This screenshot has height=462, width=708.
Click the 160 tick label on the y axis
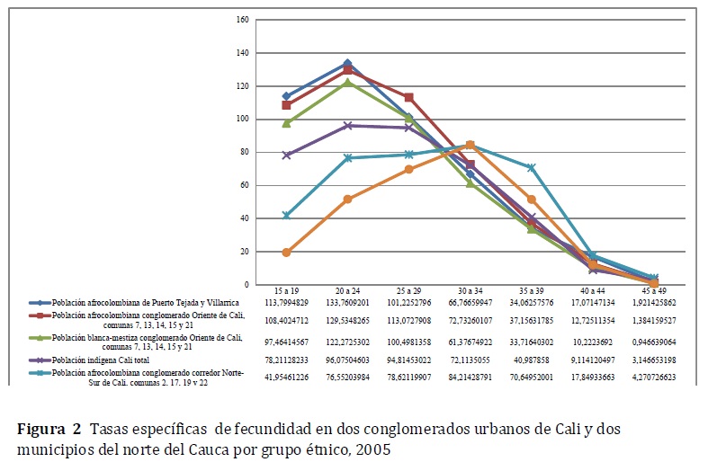click(242, 19)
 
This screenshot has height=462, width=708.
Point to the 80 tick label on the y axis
click(244, 152)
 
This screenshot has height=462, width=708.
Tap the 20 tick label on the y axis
click(244, 252)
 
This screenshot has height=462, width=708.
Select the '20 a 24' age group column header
click(347, 292)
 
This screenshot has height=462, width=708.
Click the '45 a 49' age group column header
click(654, 292)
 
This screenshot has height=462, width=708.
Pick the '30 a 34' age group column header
click(470, 292)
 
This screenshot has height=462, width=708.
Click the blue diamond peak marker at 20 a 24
click(347, 64)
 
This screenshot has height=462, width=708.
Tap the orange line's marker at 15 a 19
click(286, 253)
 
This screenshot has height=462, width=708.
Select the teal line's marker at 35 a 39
click(532, 168)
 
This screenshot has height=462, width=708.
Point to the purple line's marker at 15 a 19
click(286, 155)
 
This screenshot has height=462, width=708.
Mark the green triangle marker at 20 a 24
click(347, 82)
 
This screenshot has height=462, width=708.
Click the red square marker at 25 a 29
click(408, 97)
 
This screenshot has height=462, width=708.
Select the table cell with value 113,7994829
click(286, 303)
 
